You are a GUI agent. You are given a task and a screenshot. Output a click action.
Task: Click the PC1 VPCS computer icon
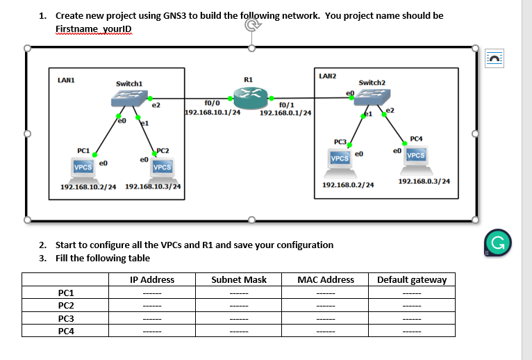[84, 167]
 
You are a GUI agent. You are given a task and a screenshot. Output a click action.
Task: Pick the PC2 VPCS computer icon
[163, 167]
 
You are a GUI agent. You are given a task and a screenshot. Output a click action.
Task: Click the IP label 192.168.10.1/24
[213, 112]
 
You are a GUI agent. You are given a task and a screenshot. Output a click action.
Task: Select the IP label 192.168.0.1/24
[285, 112]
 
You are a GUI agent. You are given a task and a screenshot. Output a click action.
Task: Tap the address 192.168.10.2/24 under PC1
[88, 187]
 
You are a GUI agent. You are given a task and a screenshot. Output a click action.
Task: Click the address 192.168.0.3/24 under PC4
[424, 181]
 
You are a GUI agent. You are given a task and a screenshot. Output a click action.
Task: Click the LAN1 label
[67, 81]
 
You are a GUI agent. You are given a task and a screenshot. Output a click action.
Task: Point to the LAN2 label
[327, 74]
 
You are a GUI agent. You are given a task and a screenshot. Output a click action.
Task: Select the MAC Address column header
[325, 280]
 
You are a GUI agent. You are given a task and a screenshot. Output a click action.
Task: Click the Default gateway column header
[412, 280]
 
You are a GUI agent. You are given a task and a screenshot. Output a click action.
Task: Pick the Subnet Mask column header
[238, 280]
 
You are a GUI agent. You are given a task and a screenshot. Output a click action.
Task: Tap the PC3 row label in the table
[67, 318]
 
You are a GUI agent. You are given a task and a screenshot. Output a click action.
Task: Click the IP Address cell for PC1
[152, 293]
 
